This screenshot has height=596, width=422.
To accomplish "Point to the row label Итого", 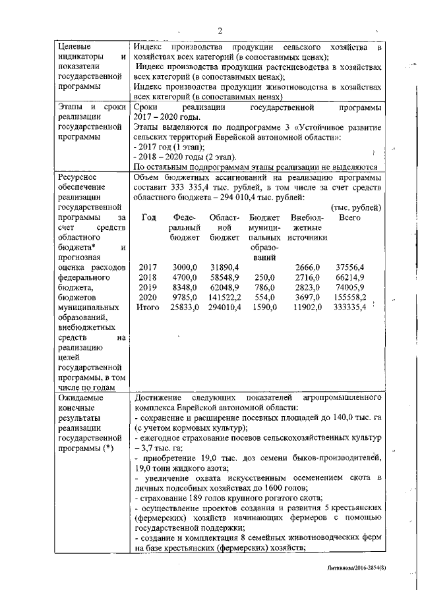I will pyautogui.click(x=148, y=307).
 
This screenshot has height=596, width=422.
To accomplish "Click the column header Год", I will pyautogui.click(x=148, y=217).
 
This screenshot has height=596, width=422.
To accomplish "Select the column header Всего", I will pyautogui.click(x=349, y=217).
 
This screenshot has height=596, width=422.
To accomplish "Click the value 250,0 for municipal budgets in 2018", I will pyautogui.click(x=264, y=277).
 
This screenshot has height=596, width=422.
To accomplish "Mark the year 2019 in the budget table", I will pyautogui.click(x=148, y=287).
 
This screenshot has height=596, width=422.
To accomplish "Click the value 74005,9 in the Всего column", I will pyautogui.click(x=349, y=287).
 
